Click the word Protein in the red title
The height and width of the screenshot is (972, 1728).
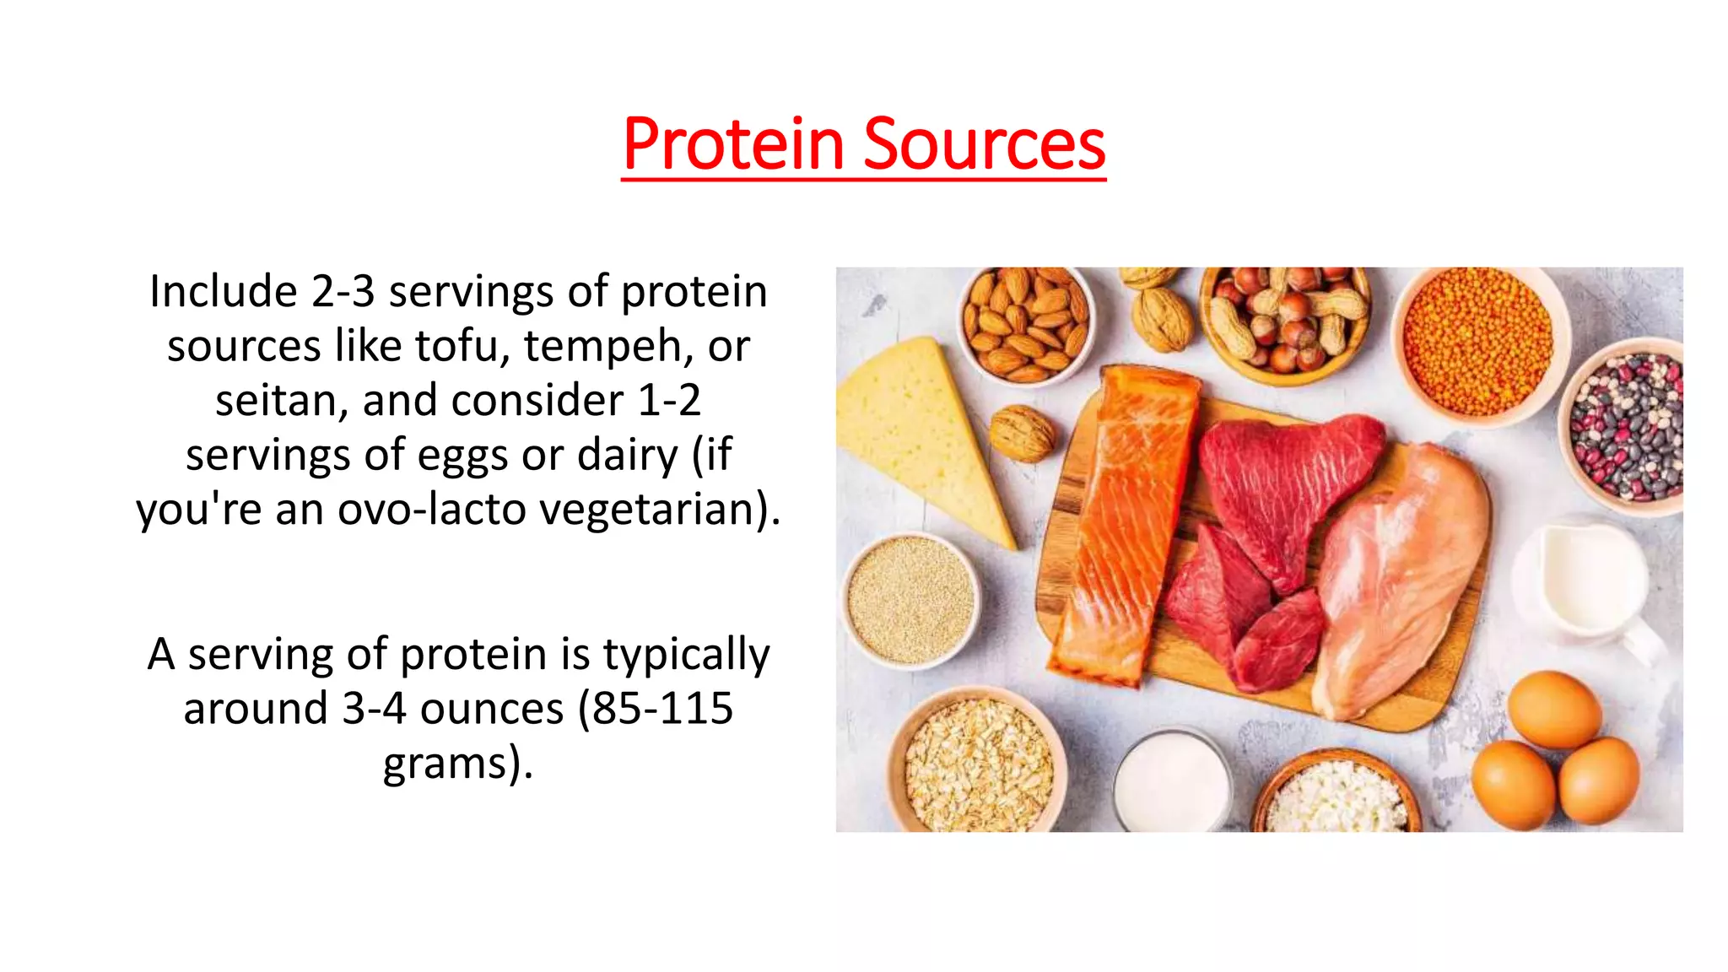pyautogui.click(x=732, y=145)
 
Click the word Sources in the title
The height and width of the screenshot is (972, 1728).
pyautogui.click(x=984, y=145)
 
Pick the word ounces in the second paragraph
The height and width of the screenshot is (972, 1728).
pyautogui.click(x=491, y=709)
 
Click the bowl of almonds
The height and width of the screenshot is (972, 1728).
pyautogui.click(x=1025, y=323)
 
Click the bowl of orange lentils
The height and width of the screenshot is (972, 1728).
pyautogui.click(x=1478, y=342)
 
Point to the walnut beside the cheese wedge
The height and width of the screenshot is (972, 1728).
pyautogui.click(x=1022, y=433)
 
